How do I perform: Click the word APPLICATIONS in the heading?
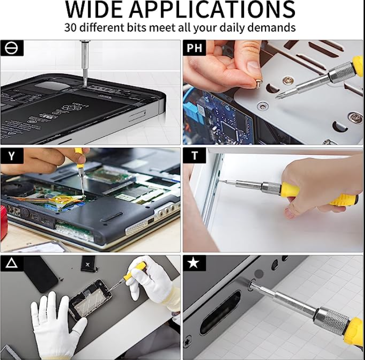213,10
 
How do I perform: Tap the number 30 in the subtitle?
71,28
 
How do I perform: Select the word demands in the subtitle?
272,28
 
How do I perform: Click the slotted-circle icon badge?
11,48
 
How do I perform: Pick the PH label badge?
194,48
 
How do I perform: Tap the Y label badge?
11,156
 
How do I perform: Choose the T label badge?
194,155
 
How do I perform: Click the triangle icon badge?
11,263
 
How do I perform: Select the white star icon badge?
194,263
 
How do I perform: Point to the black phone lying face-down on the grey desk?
41,274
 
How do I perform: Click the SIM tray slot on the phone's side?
137,115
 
